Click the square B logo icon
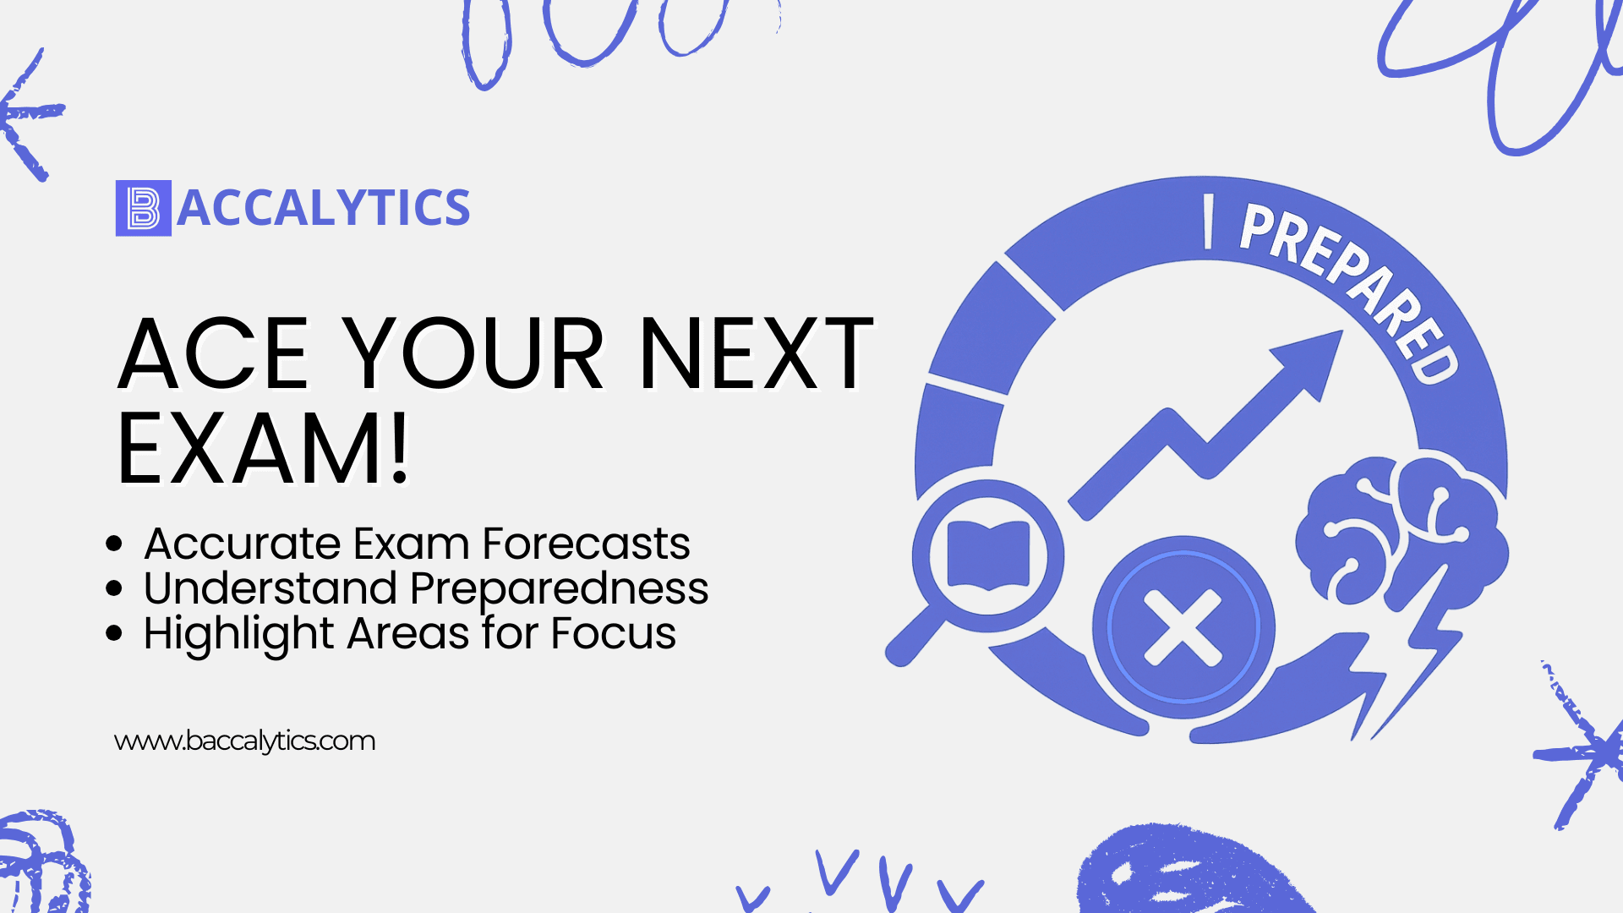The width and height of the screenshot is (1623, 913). click(x=144, y=208)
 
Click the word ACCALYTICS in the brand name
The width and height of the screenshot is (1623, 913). click(x=324, y=208)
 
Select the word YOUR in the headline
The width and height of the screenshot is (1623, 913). click(x=476, y=353)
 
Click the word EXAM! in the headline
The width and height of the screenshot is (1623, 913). click(x=264, y=448)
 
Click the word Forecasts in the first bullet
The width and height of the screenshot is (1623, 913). click(x=586, y=543)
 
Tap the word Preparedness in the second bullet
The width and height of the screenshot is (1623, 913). click(x=559, y=589)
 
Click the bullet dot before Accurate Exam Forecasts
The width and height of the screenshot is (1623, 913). click(x=114, y=544)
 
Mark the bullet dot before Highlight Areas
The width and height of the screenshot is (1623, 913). click(x=114, y=633)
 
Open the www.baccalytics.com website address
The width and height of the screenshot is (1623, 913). click(x=244, y=741)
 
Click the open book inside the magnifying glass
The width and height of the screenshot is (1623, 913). click(x=988, y=555)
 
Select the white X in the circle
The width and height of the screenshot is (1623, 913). click(x=1183, y=627)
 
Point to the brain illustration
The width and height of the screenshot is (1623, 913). click(x=1402, y=533)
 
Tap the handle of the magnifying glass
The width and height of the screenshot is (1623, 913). click(x=915, y=636)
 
